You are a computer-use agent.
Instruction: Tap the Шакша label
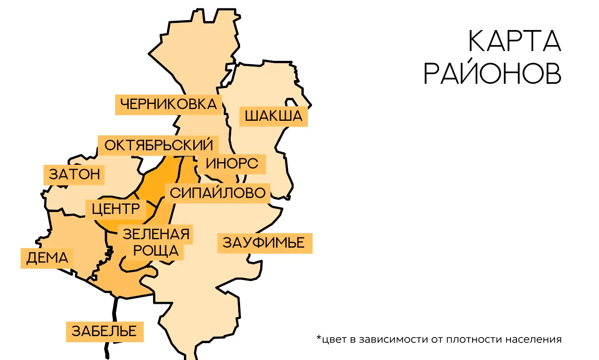pos(274,116)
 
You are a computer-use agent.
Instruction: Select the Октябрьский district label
pos(158,145)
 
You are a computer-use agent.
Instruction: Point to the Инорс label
pos(232,164)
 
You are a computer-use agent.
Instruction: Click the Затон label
pos(74,175)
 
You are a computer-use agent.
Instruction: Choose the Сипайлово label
pos(218,193)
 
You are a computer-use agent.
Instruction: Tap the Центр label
pos(116,209)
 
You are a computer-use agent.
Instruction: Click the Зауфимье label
pos(264,243)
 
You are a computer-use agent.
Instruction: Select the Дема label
pos(47,258)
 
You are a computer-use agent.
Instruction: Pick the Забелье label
pos(104,331)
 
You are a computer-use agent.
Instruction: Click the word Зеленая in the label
pos(156,234)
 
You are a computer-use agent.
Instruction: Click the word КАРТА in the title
pos(514,42)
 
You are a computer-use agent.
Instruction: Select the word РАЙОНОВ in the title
pos(492,74)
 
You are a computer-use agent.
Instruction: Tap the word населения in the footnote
pos(534,339)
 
